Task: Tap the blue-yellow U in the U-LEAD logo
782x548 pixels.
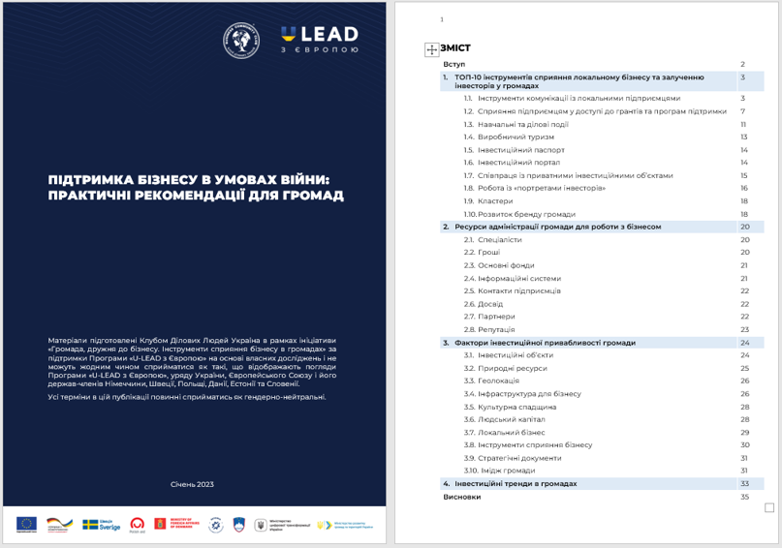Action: (x=289, y=35)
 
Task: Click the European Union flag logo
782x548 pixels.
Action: (x=26, y=524)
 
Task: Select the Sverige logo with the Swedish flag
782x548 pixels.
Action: (x=97, y=524)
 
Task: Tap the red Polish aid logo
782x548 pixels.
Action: (x=138, y=524)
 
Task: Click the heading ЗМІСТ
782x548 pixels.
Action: (x=455, y=47)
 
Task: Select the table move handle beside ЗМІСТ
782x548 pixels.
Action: (x=432, y=48)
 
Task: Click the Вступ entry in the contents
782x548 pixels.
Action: (x=454, y=63)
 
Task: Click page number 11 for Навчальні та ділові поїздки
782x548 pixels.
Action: (x=743, y=124)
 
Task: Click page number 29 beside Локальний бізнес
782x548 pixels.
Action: (x=744, y=432)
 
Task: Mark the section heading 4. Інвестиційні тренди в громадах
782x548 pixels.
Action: (x=514, y=483)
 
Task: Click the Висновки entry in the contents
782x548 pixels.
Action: (x=461, y=497)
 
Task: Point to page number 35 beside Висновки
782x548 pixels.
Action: (x=744, y=497)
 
